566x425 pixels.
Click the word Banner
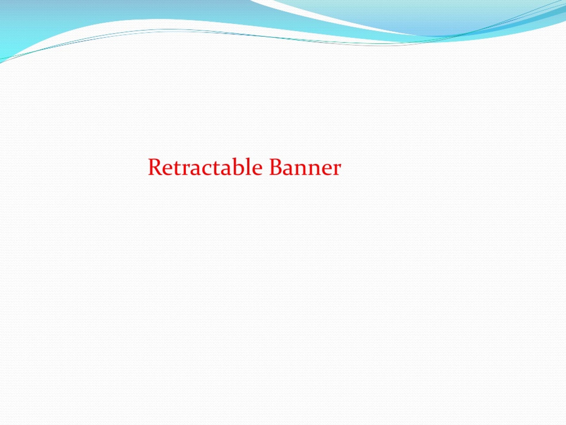(x=305, y=167)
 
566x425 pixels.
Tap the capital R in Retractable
(x=154, y=167)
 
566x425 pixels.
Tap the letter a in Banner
(x=288, y=170)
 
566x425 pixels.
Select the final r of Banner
(x=337, y=170)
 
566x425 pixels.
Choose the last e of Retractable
(x=257, y=170)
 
